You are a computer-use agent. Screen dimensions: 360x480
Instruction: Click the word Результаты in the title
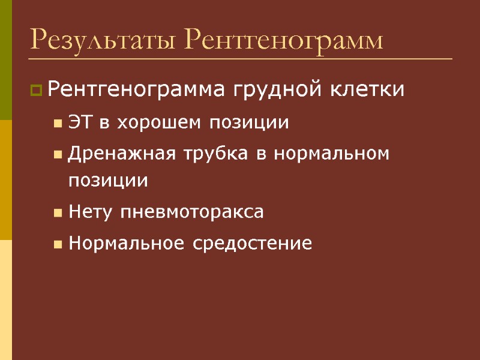102,40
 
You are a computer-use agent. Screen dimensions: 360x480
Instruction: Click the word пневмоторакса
192,212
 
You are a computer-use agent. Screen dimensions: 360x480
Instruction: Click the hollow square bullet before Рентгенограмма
36,91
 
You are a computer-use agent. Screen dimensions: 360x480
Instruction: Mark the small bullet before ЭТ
58,124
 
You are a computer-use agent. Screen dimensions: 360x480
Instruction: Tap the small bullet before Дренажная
58,155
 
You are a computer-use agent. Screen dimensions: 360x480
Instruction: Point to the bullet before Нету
58,213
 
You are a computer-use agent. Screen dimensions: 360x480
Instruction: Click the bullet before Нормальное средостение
58,244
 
